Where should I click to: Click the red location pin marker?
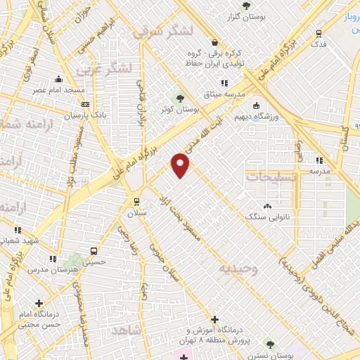click(181, 165)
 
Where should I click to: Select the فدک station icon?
click(319, 33)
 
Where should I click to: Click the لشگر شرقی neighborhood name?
click(161, 32)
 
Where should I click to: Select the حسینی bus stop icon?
click(93, 251)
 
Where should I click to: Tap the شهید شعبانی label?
click(17, 240)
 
